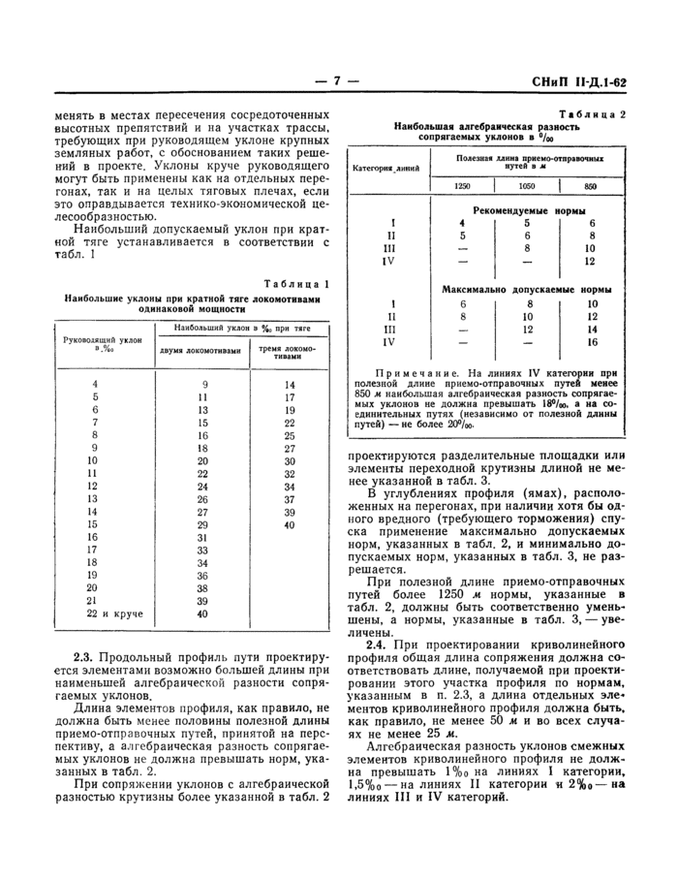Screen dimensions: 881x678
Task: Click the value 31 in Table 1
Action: click(203, 536)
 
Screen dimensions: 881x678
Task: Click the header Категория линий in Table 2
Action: click(386, 168)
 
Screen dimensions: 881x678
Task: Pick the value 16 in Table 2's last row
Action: click(591, 342)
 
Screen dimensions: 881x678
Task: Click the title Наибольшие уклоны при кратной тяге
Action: click(191, 299)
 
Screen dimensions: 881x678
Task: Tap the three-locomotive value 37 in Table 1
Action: click(289, 498)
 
